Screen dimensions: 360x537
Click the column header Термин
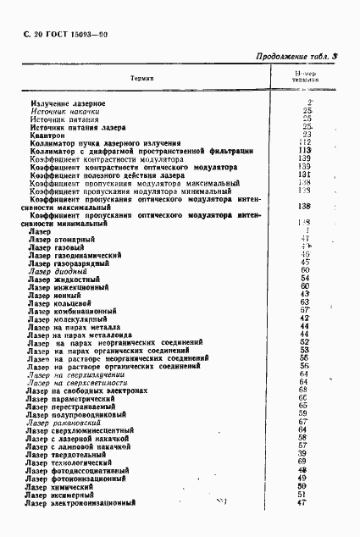point(142,78)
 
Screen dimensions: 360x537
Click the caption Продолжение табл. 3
point(296,57)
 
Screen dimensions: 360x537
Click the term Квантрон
point(46,134)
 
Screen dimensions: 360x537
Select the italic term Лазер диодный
point(58,270)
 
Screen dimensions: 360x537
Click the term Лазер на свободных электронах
point(87,390)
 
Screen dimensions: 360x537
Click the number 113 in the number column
point(306,150)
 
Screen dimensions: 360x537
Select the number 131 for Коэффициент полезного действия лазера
point(306,174)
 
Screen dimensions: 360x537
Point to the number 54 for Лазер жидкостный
point(305,278)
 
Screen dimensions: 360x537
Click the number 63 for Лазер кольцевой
point(305,302)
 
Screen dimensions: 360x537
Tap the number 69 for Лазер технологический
point(305,462)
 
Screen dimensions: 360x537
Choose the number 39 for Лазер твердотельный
point(305,453)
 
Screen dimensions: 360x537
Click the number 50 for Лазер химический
point(305,485)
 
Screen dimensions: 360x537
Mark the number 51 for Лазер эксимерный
point(305,494)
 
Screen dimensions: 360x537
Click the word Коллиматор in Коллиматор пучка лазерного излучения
point(47,142)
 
